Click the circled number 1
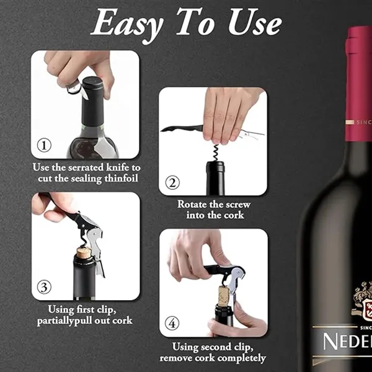pos(44,146)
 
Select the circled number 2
pos(172,183)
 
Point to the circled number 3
pos(44,287)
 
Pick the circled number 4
pos(172,324)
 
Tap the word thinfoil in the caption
pos(118,178)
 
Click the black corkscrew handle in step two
pos(184,128)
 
